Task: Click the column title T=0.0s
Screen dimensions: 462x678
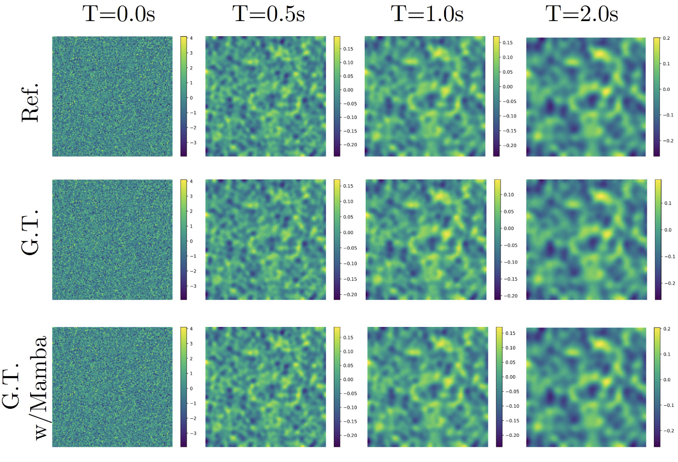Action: pyautogui.click(x=119, y=14)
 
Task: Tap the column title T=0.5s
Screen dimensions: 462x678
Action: pyautogui.click(x=269, y=14)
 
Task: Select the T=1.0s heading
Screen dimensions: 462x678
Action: pyautogui.click(x=427, y=14)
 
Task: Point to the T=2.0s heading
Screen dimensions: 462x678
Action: pyautogui.click(x=582, y=14)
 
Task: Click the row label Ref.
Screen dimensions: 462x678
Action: pyautogui.click(x=30, y=103)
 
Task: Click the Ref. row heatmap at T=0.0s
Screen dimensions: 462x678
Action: pyautogui.click(x=112, y=96)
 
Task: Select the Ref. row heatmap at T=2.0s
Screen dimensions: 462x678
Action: pyautogui.click(x=586, y=96)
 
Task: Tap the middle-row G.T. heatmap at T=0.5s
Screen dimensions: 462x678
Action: pyautogui.click(x=266, y=240)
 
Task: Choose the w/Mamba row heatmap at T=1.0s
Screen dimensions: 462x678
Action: pyautogui.click(x=428, y=387)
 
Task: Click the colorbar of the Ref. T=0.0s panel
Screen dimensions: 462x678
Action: pyautogui.click(x=184, y=96)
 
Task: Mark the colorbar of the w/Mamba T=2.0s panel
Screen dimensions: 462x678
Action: pyautogui.click(x=657, y=387)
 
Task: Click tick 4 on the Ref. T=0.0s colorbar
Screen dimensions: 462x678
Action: pyautogui.click(x=191, y=38)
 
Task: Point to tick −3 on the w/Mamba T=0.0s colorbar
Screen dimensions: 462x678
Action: pyautogui.click(x=193, y=433)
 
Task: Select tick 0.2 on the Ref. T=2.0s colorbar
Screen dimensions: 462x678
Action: pyautogui.click(x=666, y=38)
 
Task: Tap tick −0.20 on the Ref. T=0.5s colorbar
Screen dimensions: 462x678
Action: pyautogui.click(x=350, y=145)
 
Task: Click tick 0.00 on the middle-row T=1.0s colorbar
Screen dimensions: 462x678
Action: pyautogui.click(x=509, y=228)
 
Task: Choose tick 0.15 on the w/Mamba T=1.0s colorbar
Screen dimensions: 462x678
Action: pyautogui.click(x=510, y=333)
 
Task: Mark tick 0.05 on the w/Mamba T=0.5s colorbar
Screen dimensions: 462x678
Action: pyautogui.click(x=348, y=366)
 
